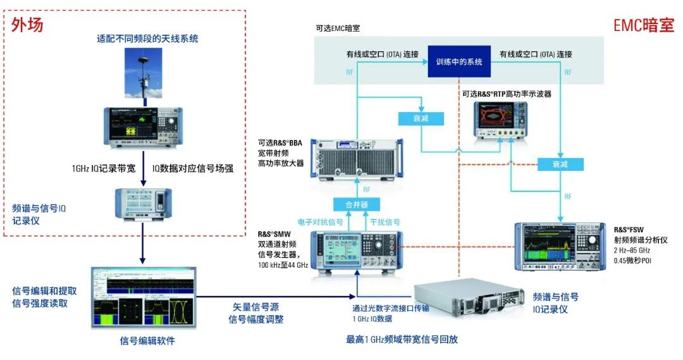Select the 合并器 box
tap(357, 204)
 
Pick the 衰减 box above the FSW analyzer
tap(560, 164)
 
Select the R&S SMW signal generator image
tap(357, 253)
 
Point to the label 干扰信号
tap(385, 222)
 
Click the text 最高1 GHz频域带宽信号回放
tap(401, 339)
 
